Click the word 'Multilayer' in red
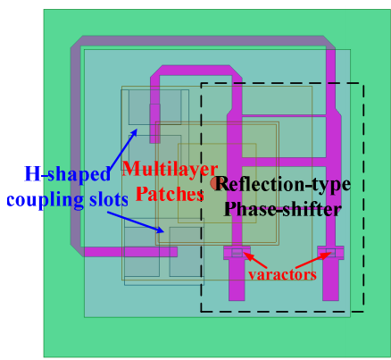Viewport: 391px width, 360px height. pos(170,169)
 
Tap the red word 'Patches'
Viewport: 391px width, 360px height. pos(170,194)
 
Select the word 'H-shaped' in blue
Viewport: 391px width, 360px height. pos(67,174)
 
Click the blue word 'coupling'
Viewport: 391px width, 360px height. pos(45,199)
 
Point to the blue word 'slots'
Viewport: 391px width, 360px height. pos(109,199)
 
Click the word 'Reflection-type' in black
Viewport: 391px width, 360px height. pos(283,184)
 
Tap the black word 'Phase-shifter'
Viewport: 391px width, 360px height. pos(283,209)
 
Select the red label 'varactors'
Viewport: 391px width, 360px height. pos(282,274)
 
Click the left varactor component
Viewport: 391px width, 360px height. pos(237,253)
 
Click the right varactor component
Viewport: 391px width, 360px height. pos(330,253)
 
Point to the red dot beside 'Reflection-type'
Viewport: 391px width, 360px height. pos(215,183)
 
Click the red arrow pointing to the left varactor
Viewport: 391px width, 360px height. pos(255,260)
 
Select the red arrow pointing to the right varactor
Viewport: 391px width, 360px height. pos(313,260)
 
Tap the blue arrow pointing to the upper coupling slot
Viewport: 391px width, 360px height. pos(123,151)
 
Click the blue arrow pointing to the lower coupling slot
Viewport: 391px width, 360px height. pos(136,222)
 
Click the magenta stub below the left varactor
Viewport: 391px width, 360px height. pos(237,280)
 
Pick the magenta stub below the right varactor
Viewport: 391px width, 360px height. pos(330,280)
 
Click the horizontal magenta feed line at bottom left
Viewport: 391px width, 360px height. pos(130,252)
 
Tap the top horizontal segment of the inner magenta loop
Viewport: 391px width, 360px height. pos(195,71)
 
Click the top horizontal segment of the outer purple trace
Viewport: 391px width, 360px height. pos(203,41)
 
